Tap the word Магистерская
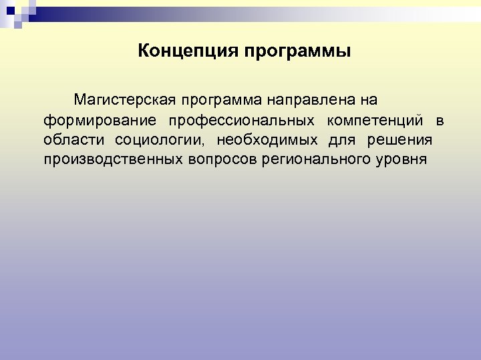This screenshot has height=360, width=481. point(124,101)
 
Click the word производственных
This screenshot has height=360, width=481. point(108,161)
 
